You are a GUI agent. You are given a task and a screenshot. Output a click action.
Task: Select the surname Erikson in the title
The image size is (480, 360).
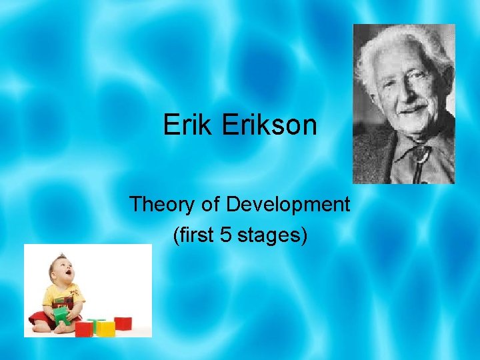point(270,125)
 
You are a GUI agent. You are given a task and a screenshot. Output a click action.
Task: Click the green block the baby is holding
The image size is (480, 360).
point(61,314)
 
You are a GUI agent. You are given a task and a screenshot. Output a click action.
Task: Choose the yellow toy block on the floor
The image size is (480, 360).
point(105,328)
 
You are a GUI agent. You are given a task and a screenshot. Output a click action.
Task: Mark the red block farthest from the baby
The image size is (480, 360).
point(123,323)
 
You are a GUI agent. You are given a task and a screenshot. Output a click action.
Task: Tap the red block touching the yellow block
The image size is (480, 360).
point(85,328)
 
